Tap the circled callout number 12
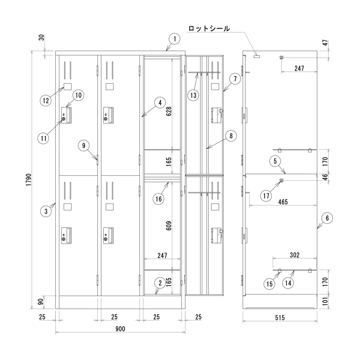[x=46, y=100]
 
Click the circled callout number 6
[x=327, y=218]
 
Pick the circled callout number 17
[x=266, y=196]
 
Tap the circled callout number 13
[x=193, y=95]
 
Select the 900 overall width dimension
[x=120, y=329]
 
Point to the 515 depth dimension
[x=280, y=318]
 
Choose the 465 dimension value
[x=283, y=202]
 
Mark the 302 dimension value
[x=294, y=255]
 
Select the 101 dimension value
[x=325, y=301]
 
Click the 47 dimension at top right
[x=325, y=42]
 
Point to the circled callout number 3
[x=46, y=211]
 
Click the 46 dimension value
[x=325, y=177]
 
